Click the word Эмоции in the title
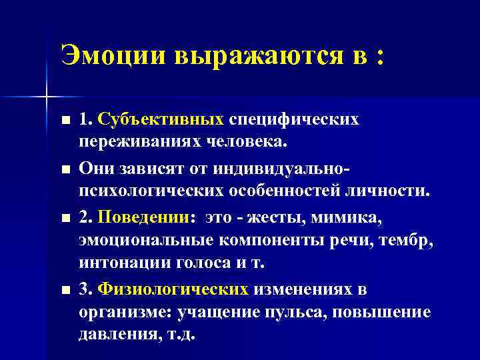point(113,55)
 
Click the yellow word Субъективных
point(161,119)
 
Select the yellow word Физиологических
point(173,290)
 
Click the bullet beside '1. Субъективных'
point(64,121)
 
